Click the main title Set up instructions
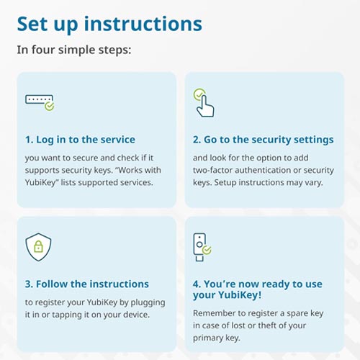pos(109,24)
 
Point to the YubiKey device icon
pos(201,246)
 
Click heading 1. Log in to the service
pos(80,140)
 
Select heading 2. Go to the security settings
pos(263,140)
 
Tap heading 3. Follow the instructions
pos(86,284)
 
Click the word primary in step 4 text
pos(210,337)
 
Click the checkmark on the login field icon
pos(49,105)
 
